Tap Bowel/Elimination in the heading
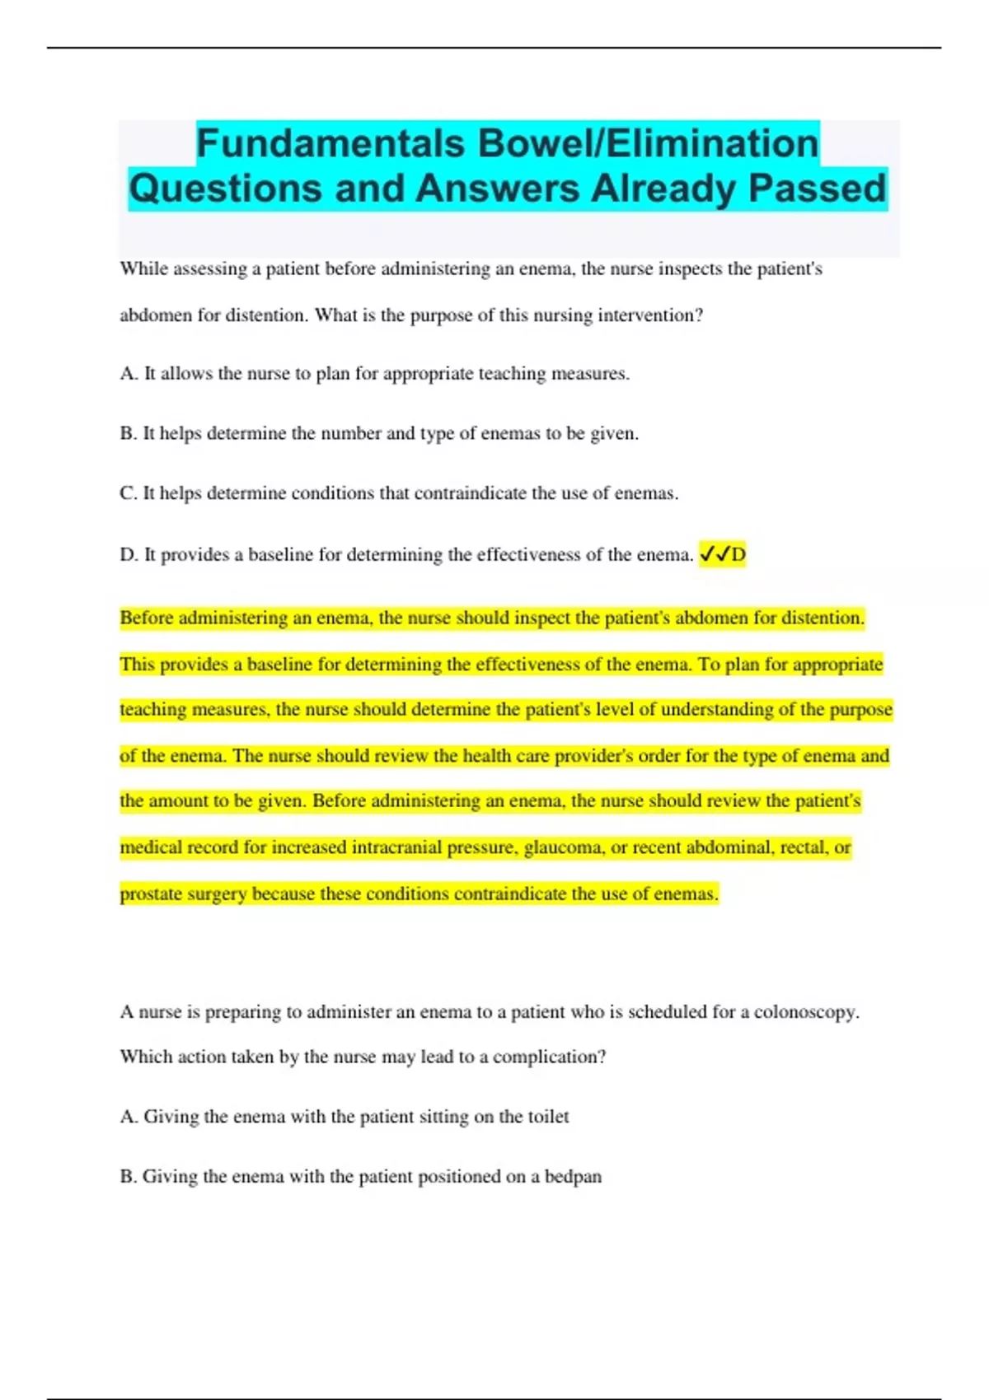click(x=649, y=144)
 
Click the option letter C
click(x=128, y=493)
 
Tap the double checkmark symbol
click(x=714, y=555)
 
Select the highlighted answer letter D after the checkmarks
click(x=738, y=555)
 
